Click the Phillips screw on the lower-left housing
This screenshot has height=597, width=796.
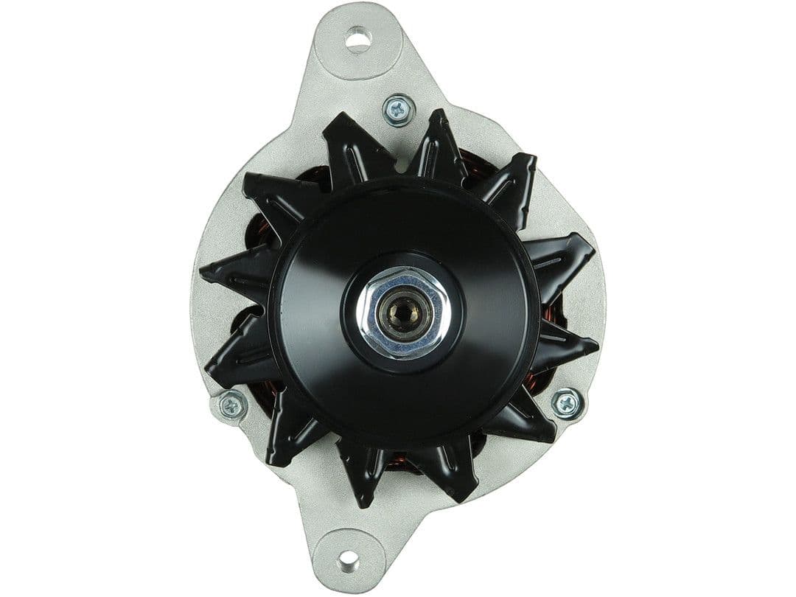pos(234,405)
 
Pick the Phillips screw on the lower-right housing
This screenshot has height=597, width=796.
pos(567,402)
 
